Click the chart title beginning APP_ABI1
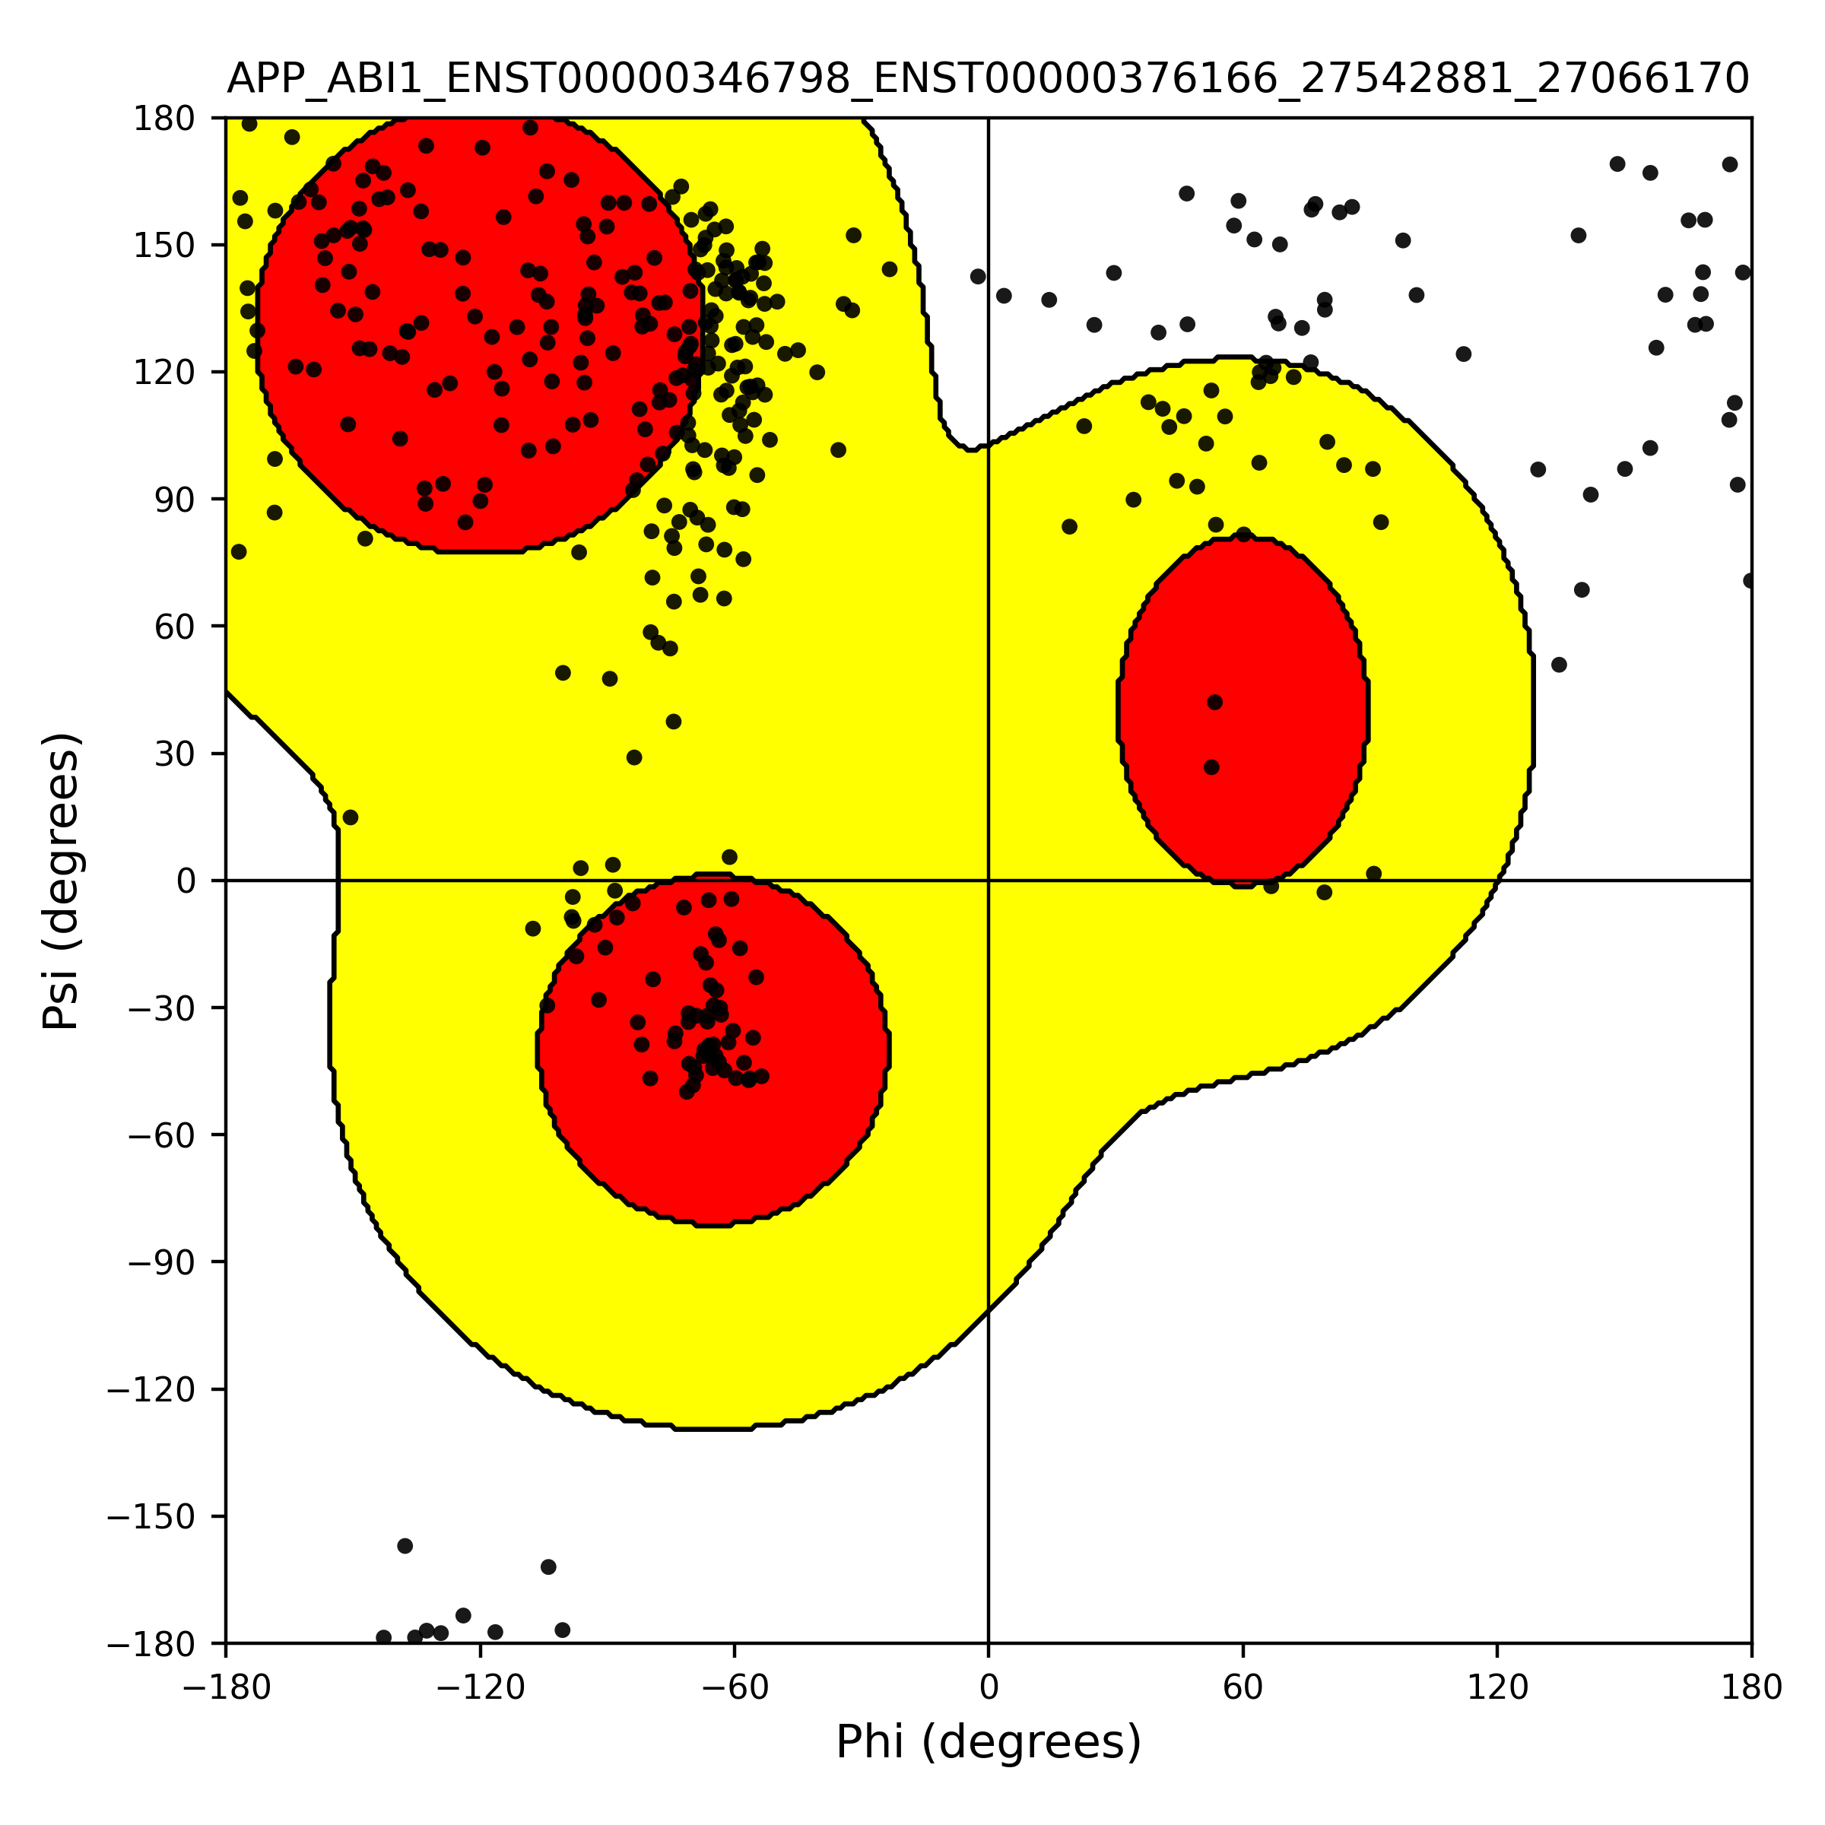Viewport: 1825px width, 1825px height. click(988, 78)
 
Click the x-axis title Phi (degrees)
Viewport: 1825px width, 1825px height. click(988, 1742)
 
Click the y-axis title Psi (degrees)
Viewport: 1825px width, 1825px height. click(62, 881)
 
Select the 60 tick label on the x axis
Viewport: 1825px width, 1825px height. click(1243, 1687)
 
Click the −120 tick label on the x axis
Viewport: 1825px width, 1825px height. click(480, 1687)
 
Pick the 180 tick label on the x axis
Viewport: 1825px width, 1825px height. click(1751, 1687)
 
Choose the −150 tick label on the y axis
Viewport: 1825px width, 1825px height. click(151, 1517)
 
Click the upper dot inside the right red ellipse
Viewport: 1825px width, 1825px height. click(1215, 703)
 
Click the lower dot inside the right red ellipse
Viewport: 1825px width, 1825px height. click(1212, 768)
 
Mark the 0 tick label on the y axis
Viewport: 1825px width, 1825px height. click(186, 881)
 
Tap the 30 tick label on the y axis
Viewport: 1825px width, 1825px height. click(176, 754)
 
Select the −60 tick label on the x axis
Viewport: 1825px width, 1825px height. click(734, 1687)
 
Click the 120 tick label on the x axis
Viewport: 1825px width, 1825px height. click(1497, 1687)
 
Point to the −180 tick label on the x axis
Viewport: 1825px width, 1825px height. click(226, 1687)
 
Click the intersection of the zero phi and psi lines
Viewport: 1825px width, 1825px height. click(988, 881)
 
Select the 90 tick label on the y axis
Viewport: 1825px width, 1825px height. click(176, 500)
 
